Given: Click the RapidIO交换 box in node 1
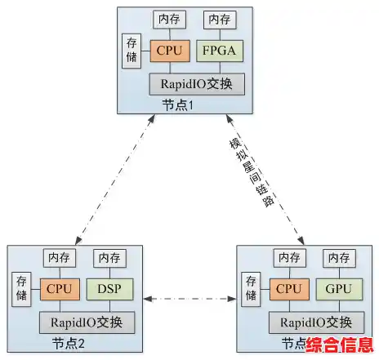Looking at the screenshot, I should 196,82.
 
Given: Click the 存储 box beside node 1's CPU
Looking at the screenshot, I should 132,50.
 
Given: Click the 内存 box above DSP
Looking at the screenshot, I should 109,257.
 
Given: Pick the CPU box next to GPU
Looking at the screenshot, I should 288,288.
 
